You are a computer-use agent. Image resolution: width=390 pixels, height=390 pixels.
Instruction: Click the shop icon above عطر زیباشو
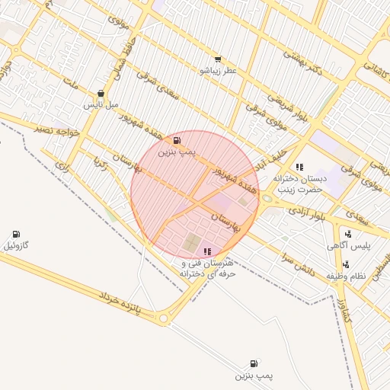click(219, 59)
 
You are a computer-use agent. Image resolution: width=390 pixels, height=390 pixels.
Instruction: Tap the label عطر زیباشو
click(219, 71)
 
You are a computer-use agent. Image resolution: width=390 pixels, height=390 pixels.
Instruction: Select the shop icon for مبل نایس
click(101, 93)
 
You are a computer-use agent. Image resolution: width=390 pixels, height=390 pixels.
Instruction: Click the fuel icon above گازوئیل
click(16, 234)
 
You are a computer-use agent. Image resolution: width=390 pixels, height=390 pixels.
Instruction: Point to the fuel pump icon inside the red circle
click(177, 141)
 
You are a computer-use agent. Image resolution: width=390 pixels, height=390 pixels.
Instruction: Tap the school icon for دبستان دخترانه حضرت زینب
click(300, 166)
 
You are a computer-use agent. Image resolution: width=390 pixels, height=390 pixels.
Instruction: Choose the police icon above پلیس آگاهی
click(348, 234)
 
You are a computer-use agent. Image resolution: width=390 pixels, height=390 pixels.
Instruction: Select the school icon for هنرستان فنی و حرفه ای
click(207, 251)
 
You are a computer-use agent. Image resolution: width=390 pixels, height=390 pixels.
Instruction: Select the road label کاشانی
click(376, 69)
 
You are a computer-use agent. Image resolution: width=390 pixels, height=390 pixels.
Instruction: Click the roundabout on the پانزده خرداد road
click(162, 318)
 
